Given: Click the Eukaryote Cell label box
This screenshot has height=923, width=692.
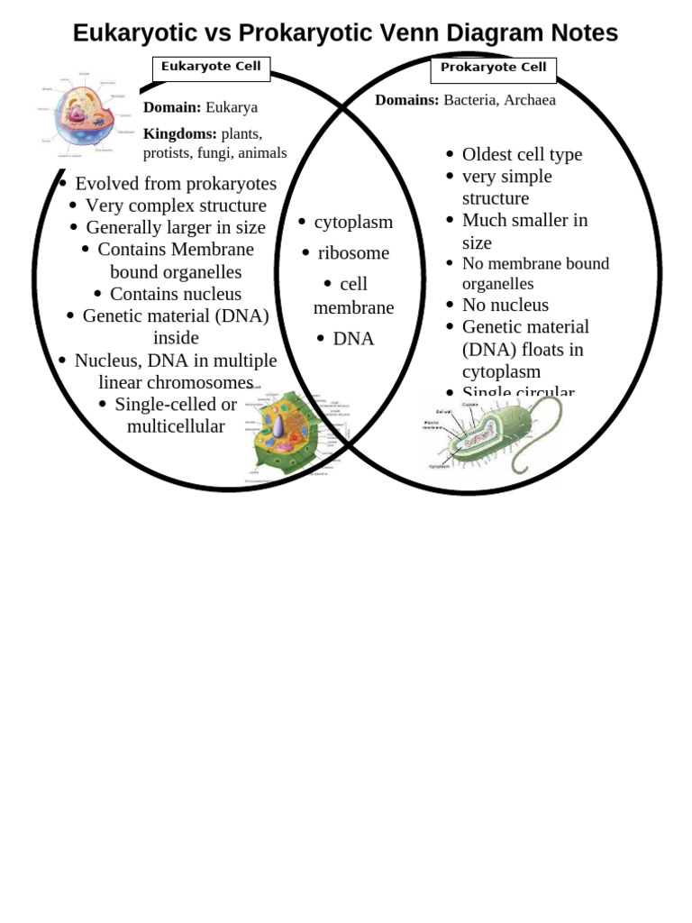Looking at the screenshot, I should (x=211, y=68).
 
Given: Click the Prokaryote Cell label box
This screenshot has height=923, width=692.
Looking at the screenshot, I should (x=493, y=69).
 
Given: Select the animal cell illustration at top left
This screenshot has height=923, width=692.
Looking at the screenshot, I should (x=83, y=114).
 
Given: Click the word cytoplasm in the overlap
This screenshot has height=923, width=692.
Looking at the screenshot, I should (x=353, y=222).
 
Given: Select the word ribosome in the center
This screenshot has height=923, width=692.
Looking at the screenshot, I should (x=353, y=253).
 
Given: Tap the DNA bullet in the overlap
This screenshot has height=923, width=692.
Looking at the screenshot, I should (x=353, y=339).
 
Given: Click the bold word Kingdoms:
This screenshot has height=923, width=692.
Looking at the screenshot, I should (x=179, y=133).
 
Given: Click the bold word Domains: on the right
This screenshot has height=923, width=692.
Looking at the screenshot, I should (x=406, y=100).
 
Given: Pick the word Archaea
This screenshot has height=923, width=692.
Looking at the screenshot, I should (x=529, y=100).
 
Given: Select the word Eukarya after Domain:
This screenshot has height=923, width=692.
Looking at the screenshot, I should (x=232, y=107).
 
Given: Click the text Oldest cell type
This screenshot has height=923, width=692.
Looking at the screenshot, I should (x=522, y=154).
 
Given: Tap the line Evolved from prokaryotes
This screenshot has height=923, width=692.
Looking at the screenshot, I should (x=176, y=184).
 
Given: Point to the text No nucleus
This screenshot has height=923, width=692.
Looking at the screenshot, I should (x=505, y=305).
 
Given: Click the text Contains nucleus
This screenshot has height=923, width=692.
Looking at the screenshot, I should (x=176, y=294).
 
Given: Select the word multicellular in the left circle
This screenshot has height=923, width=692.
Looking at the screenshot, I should (x=176, y=426).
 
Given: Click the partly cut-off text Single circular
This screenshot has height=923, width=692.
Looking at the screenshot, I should (x=518, y=391).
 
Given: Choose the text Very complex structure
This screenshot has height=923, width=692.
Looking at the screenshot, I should (x=176, y=206).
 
